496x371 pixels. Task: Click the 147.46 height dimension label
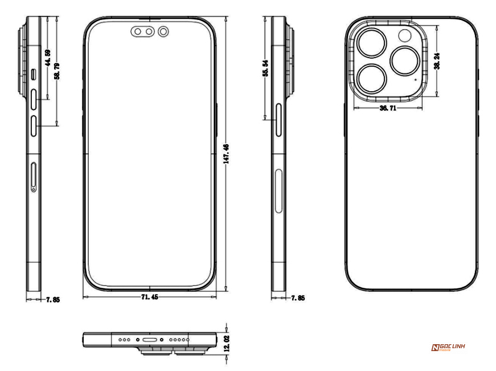coord(227,154)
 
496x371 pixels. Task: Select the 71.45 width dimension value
coord(150,297)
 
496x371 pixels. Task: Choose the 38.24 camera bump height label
coord(437,62)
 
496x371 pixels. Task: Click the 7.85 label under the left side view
coord(54,298)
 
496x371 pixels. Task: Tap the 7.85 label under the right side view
coord(297,298)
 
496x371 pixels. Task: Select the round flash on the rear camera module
coord(407,36)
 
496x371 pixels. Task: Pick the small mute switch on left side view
coord(34,74)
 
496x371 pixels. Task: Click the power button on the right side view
coord(278,120)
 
